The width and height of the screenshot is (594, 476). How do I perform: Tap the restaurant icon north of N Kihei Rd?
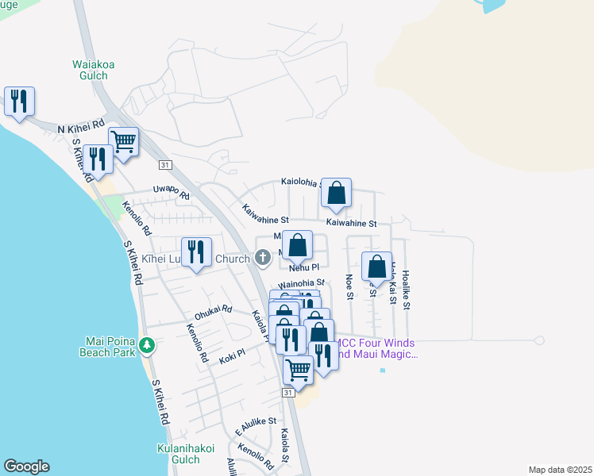[x=18, y=102]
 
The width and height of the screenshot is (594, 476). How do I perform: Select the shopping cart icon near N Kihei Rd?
[x=123, y=143]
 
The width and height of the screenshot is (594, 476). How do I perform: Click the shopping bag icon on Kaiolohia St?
[x=337, y=193]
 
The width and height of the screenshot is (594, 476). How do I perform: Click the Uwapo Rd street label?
[x=171, y=192]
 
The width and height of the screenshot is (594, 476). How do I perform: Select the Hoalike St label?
[x=405, y=282]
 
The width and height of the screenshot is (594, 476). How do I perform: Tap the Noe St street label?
[x=349, y=286]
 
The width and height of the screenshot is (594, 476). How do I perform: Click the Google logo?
[x=26, y=466]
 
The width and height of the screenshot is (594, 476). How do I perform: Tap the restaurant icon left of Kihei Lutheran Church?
[x=196, y=253]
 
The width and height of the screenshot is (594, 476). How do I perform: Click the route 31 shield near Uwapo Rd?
[x=164, y=164]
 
